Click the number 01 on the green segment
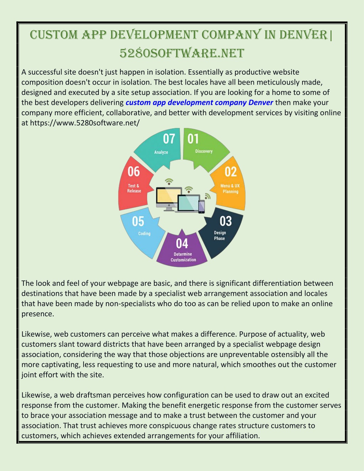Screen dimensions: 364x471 click(193, 139)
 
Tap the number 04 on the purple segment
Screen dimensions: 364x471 click(182, 243)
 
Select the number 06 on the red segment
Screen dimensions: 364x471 click(134, 171)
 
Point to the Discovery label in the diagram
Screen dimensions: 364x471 click(204, 151)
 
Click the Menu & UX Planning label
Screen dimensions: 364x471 click(230, 188)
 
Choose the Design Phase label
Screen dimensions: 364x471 click(220, 235)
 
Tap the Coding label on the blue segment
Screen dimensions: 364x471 click(144, 234)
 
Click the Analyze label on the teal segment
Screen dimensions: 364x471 click(161, 152)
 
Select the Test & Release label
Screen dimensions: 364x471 click(134, 188)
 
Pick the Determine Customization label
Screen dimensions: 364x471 click(183, 257)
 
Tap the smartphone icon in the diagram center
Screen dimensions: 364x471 click(202, 207)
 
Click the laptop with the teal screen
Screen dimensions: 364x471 click(187, 204)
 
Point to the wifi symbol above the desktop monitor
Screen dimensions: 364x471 click(169, 181)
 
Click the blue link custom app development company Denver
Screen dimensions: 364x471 click(199, 102)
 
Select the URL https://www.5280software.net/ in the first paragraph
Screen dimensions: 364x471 click(85, 123)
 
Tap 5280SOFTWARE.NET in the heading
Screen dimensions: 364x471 click(182, 53)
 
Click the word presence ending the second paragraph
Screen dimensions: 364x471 click(38, 314)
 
